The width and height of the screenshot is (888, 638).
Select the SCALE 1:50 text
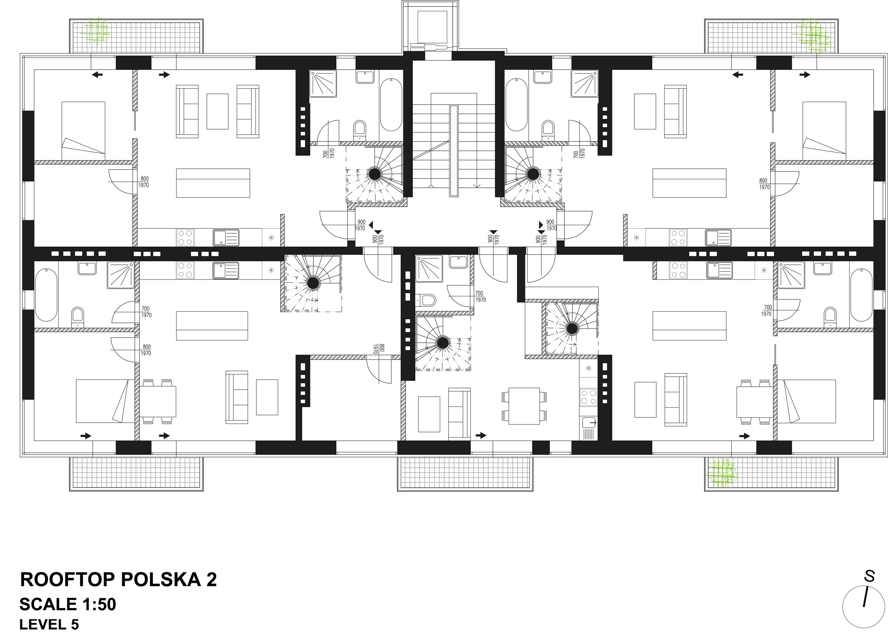click(x=68, y=604)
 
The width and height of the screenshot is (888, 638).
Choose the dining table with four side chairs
click(x=524, y=406)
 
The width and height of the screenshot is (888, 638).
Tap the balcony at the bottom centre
click(x=465, y=474)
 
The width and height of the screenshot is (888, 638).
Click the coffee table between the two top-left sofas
click(x=217, y=111)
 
